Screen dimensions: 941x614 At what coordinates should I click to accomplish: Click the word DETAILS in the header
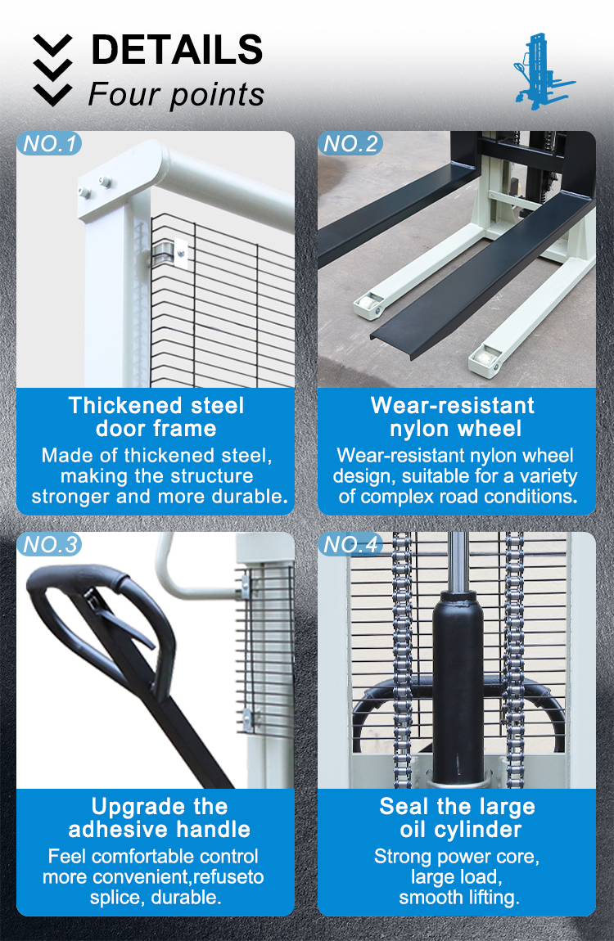coord(176,50)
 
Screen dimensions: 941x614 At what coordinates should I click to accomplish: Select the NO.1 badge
coord(50,145)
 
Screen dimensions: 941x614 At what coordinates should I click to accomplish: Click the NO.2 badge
coord(351,145)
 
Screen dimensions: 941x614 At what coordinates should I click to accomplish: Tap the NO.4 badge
coord(351,545)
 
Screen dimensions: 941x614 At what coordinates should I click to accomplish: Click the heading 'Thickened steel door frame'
coord(156,416)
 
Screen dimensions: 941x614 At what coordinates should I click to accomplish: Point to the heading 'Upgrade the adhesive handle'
coord(159,817)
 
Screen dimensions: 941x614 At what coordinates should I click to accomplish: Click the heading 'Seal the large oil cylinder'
coord(457,817)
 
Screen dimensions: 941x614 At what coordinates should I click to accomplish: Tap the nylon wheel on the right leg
coord(485,357)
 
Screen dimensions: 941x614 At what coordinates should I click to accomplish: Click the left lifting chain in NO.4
coord(402,655)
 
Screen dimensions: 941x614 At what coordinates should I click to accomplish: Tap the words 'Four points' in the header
coord(176,94)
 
